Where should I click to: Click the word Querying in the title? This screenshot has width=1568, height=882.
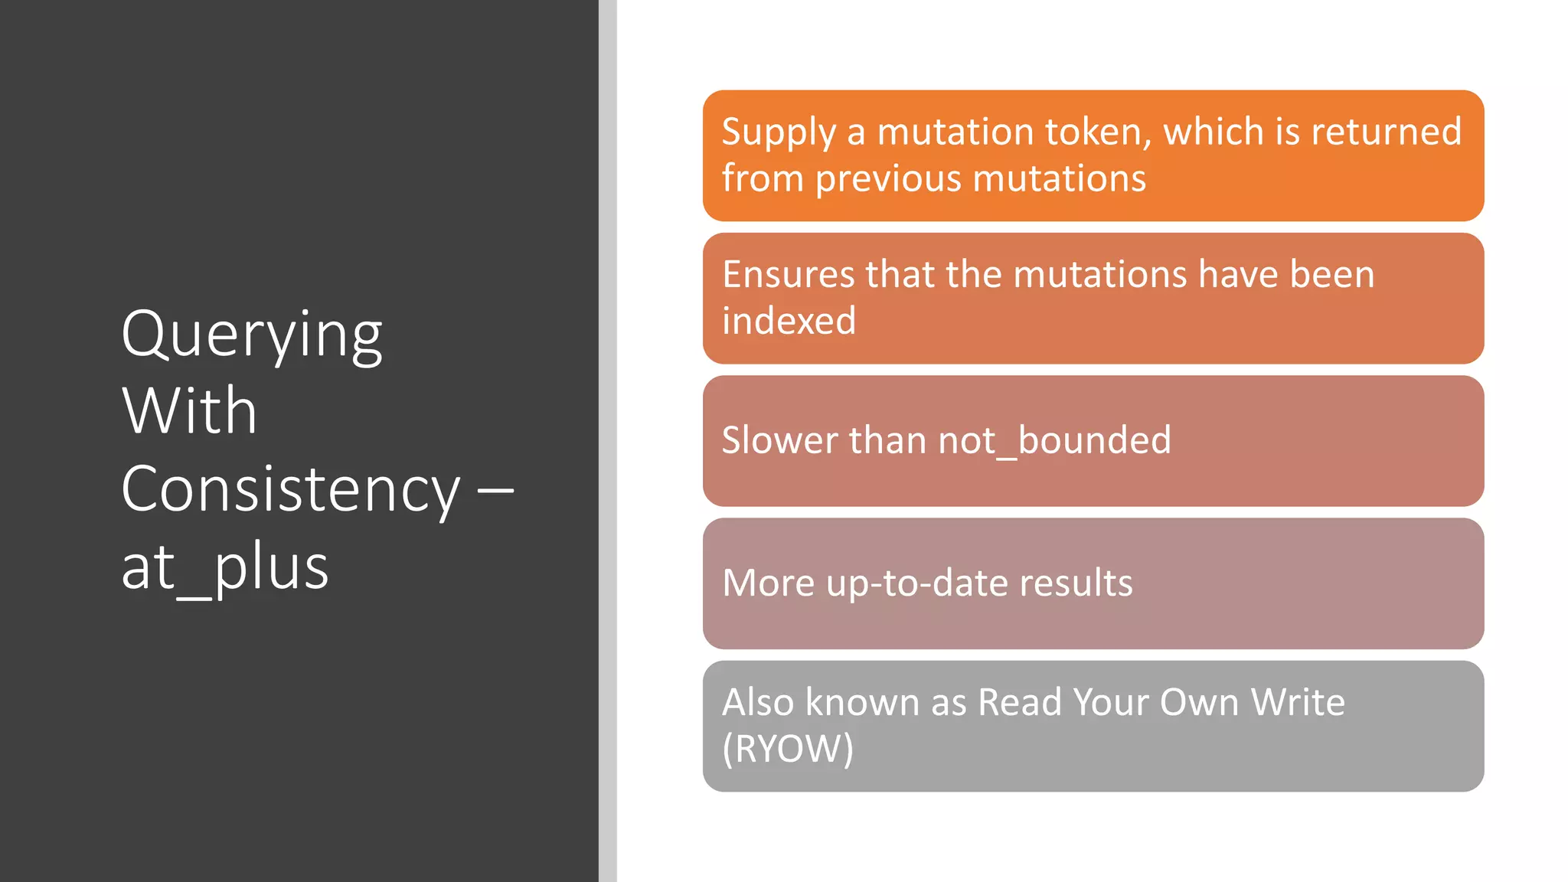coord(252,336)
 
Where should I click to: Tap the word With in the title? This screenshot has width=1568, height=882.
coord(189,411)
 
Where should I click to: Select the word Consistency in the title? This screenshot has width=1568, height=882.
coord(291,490)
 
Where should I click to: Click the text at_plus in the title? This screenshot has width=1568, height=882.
coord(225,567)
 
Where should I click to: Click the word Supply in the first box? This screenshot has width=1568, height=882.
coord(779,132)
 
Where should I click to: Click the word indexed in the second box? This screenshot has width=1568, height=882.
coord(789,321)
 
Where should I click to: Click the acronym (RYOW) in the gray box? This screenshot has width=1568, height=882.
coord(788,749)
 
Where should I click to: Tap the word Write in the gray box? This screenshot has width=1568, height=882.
coord(1297,702)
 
